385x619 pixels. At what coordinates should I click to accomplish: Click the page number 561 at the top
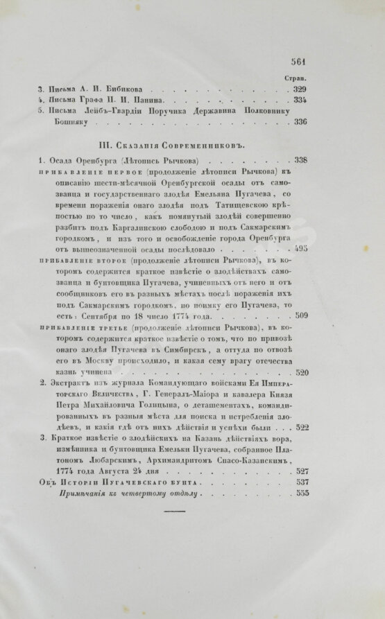coord(304,61)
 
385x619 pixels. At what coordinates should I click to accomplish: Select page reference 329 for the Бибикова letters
coord(301,90)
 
